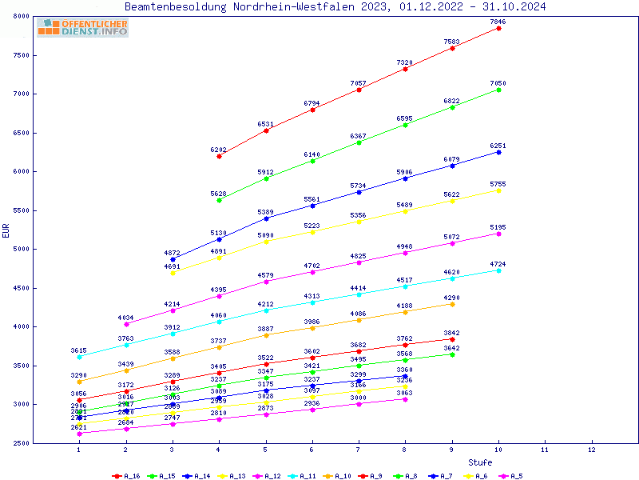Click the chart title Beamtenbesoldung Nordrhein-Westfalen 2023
point(335,6)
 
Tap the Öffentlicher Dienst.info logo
point(82,27)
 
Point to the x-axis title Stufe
point(480,462)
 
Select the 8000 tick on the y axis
point(21,17)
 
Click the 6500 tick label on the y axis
point(21,134)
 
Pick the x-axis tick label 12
point(592,450)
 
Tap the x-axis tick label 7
point(359,450)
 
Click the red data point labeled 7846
point(498,28)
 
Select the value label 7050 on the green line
point(498,83)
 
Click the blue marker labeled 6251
point(498,152)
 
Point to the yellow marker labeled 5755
point(498,190)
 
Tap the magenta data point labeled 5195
point(498,234)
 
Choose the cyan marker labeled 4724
point(498,270)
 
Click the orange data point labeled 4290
point(452,304)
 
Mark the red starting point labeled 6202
point(219,156)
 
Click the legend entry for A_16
point(127,476)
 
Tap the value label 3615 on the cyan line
point(79,350)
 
